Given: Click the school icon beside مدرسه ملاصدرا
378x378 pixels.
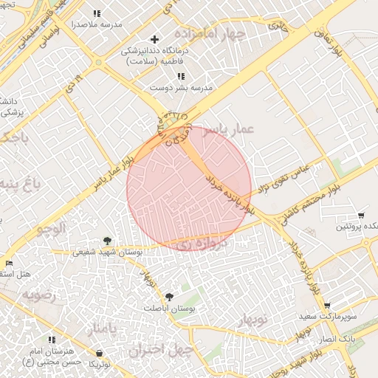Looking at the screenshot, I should [x=97, y=14].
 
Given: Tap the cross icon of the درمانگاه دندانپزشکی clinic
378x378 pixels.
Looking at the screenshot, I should [x=154, y=39].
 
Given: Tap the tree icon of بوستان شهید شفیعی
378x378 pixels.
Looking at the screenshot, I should [x=108, y=241].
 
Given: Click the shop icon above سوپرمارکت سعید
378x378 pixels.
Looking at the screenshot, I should [x=327, y=306].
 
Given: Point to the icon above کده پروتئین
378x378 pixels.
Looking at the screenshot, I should [x=360, y=216].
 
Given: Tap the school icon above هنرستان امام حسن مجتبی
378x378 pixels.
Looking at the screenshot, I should [x=52, y=340].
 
